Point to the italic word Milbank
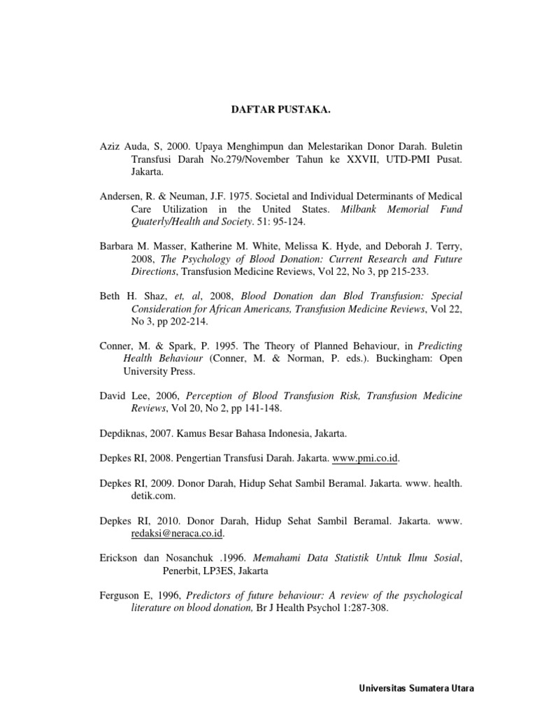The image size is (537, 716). pos(360,209)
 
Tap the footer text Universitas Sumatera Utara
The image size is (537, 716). pos(415,688)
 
